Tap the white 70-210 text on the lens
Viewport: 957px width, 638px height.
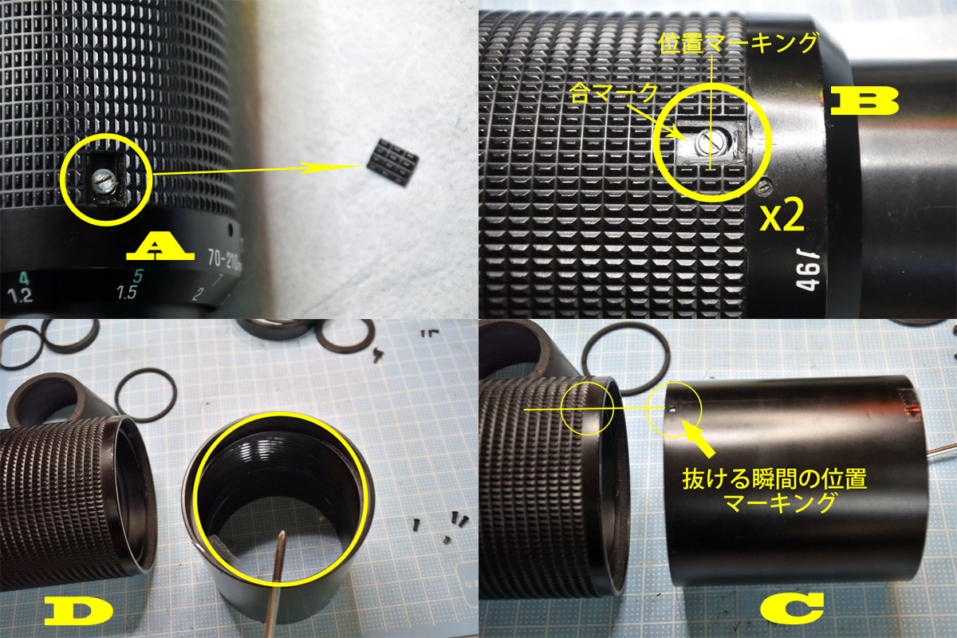[223, 259]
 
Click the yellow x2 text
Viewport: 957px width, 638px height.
[782, 217]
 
